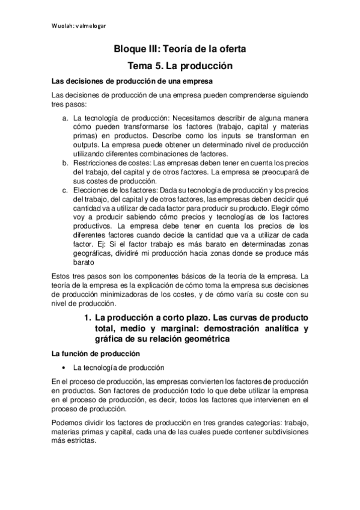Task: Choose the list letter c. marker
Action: tap(65, 190)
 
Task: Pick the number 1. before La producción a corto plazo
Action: tap(85, 318)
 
